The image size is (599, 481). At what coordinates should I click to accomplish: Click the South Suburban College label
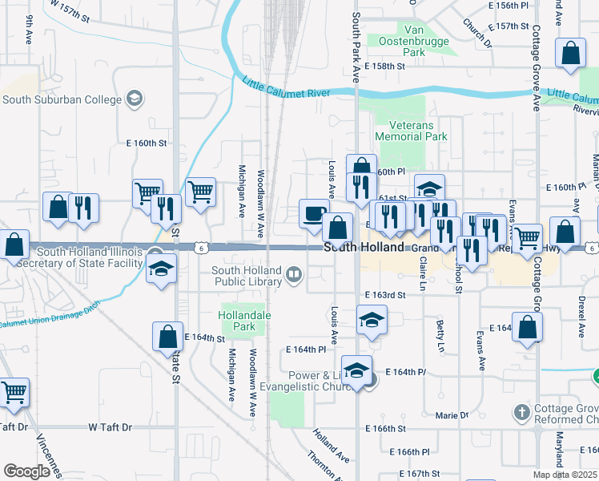pyautogui.click(x=62, y=99)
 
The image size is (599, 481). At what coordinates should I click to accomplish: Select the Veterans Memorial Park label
pyautogui.click(x=416, y=131)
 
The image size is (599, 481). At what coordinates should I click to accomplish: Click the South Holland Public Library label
pyautogui.click(x=247, y=276)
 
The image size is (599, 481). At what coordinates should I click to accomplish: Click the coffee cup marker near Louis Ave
pyautogui.click(x=313, y=214)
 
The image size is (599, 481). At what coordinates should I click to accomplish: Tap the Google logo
pyautogui.click(x=27, y=471)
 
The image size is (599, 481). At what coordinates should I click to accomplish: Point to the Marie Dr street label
pyautogui.click(x=452, y=415)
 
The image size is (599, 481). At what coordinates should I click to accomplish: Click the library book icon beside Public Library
pyautogui.click(x=294, y=276)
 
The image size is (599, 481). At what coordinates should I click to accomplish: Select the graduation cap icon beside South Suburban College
pyautogui.click(x=135, y=99)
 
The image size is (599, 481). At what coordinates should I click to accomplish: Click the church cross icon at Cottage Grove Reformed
pyautogui.click(x=522, y=414)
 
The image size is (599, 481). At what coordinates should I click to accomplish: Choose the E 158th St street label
pyautogui.click(x=384, y=67)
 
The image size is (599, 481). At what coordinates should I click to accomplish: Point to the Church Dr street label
pyautogui.click(x=476, y=31)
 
